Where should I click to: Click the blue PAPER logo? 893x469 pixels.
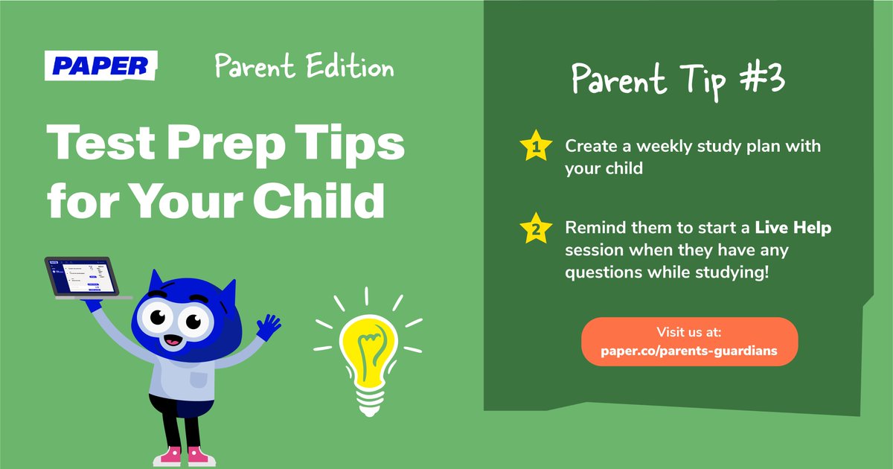pos(100,66)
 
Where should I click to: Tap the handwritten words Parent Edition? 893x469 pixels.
pos(304,67)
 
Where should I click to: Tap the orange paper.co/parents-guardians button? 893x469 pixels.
pos(688,342)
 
